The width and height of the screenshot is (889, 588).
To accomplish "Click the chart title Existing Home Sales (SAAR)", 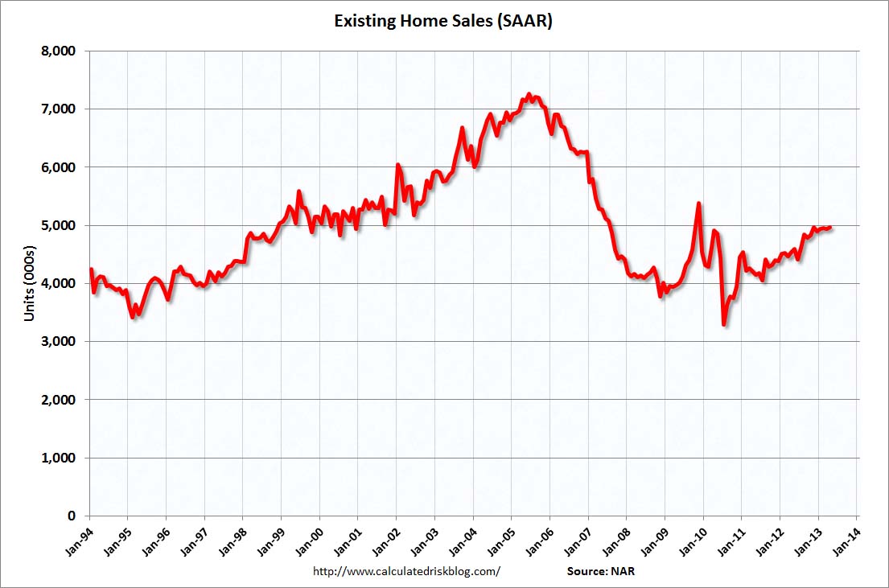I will (443, 21).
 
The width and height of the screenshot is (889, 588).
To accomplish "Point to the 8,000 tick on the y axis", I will (59, 51).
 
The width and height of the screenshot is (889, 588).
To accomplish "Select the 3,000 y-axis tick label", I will (59, 342).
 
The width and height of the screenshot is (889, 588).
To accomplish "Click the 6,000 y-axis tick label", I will (59, 167).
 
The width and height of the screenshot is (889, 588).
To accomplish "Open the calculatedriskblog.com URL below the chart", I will (405, 571).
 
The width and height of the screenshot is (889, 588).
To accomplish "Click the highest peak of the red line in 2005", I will (529, 94).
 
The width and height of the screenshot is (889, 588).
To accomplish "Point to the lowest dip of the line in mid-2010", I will (724, 324).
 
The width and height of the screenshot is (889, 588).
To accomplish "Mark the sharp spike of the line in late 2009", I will (698, 204).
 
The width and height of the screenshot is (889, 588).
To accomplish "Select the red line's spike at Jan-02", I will (397, 164).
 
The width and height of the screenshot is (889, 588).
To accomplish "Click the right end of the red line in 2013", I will (830, 228).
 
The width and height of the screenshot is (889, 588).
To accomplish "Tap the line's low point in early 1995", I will (133, 318).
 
